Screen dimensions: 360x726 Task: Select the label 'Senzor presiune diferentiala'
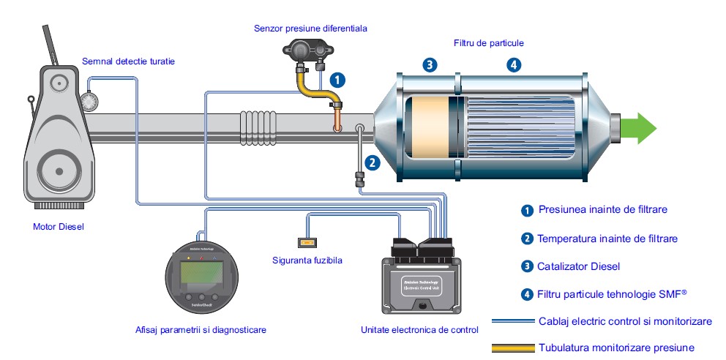[x=310, y=29]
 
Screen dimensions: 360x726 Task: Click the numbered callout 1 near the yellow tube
[x=338, y=78]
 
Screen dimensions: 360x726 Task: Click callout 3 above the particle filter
[x=430, y=64]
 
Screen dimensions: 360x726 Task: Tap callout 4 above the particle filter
[x=514, y=64]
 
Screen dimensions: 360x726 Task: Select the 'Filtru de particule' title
[x=489, y=43]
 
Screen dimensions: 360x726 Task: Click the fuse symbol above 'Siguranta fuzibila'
[x=308, y=242]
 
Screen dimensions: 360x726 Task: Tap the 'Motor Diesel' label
[x=59, y=226]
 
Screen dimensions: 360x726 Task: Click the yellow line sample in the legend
[x=512, y=348]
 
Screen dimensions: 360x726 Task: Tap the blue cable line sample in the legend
[x=512, y=320]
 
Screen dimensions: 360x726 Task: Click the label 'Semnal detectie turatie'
[x=129, y=61]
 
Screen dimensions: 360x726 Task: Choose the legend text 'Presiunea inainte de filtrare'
[x=603, y=209]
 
